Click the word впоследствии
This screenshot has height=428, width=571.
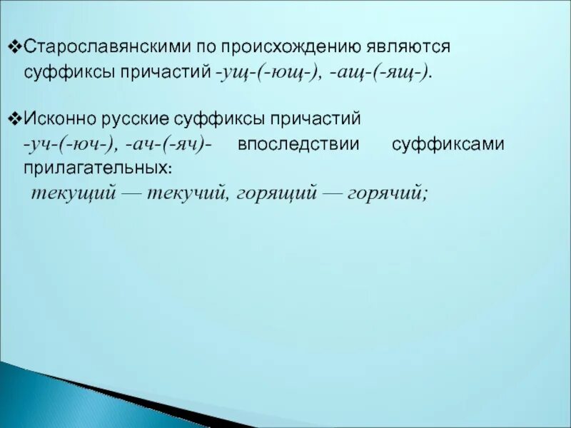coord(298,144)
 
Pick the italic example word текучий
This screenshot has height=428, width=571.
coord(187,194)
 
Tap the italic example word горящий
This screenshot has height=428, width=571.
coord(276,194)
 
